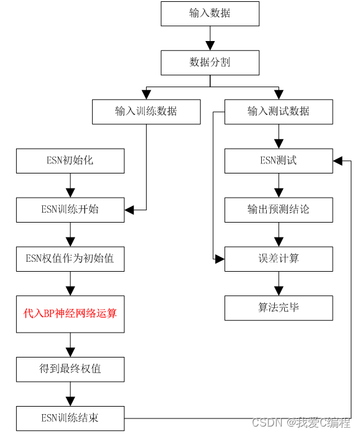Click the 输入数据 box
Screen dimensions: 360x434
point(210,14)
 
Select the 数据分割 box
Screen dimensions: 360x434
point(210,63)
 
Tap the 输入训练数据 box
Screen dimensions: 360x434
point(146,112)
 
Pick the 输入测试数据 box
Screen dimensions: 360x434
point(279,112)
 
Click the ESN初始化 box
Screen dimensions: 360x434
point(70,161)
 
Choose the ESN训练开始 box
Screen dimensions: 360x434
point(70,210)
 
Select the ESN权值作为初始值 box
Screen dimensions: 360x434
point(70,259)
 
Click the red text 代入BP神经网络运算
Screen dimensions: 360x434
point(70,313)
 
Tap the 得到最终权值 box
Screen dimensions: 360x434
point(70,369)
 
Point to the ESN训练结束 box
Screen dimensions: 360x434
point(70,418)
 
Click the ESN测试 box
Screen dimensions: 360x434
point(279,161)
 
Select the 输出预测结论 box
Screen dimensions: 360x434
point(279,210)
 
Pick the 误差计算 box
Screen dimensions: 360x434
point(279,259)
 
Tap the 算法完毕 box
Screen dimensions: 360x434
point(279,308)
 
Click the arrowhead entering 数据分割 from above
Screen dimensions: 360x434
point(210,46)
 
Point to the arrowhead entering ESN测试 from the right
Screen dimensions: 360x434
point(338,161)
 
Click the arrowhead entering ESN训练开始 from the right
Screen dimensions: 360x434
point(129,210)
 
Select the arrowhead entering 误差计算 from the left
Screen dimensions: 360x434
point(219,259)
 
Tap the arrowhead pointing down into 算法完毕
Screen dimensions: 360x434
point(279,291)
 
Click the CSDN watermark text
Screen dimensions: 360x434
point(302,422)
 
